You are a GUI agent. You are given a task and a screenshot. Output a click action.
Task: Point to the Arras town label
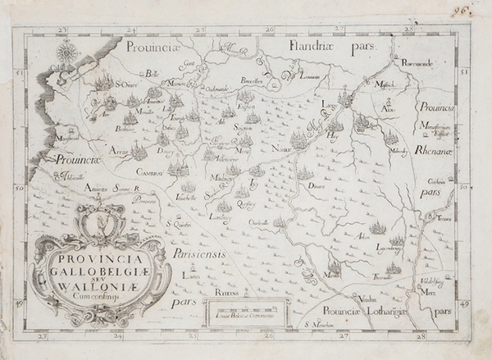tap(121, 152)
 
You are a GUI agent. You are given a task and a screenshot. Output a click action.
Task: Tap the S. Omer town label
tap(125, 83)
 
